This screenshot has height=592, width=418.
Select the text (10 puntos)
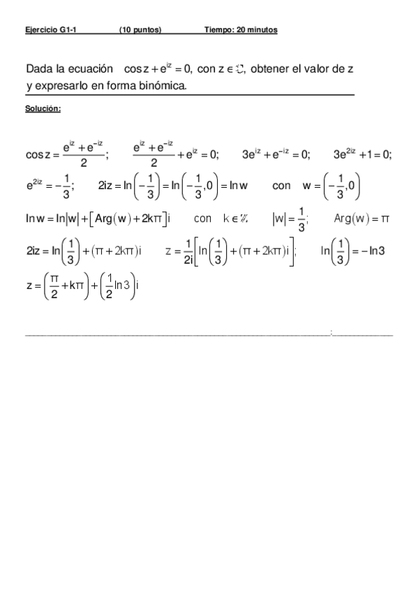[x=140, y=30]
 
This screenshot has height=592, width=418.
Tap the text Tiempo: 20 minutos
[x=241, y=30]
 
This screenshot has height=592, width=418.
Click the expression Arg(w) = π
[x=361, y=219]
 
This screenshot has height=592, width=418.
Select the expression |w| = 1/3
[x=290, y=219]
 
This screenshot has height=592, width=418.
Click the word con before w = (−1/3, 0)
[x=281, y=186]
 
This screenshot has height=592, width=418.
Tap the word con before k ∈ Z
[x=202, y=219]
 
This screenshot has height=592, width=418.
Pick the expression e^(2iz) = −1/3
[x=50, y=186]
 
